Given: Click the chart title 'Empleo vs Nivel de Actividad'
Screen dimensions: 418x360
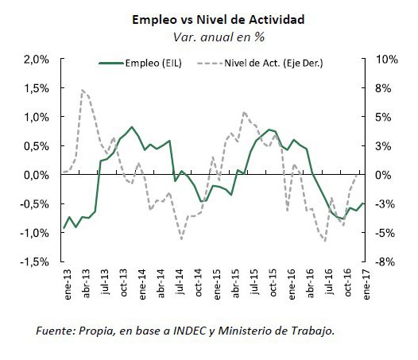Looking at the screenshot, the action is (219, 20).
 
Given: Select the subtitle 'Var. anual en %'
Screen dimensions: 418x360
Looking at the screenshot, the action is (219, 37).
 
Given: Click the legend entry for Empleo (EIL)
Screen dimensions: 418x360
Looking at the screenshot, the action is (140, 64).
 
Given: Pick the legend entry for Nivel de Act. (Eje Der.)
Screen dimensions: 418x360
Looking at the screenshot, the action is (260, 64).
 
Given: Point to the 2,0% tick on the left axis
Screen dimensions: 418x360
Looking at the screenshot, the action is (37, 60).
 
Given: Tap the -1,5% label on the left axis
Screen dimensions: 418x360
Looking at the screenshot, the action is (35, 262).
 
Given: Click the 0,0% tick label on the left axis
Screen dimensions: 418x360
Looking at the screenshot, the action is (37, 175).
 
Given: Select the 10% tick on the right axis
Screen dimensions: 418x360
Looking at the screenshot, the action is (386, 59).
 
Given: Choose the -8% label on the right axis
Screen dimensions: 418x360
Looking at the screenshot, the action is (385, 262).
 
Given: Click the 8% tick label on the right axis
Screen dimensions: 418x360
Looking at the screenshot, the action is (383, 88).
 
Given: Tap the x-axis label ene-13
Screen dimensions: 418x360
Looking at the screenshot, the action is (68, 285).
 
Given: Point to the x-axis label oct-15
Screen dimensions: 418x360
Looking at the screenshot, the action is (273, 283).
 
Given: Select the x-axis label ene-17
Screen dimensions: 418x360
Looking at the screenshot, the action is (366, 285).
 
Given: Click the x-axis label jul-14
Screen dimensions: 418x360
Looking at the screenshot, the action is (180, 282).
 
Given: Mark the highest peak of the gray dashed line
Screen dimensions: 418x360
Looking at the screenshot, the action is (82, 90).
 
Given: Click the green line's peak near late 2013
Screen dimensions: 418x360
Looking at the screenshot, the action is (132, 126).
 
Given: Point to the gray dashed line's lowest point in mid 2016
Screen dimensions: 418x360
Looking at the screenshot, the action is (325, 241).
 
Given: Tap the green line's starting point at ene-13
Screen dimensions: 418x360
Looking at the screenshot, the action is (64, 228).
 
